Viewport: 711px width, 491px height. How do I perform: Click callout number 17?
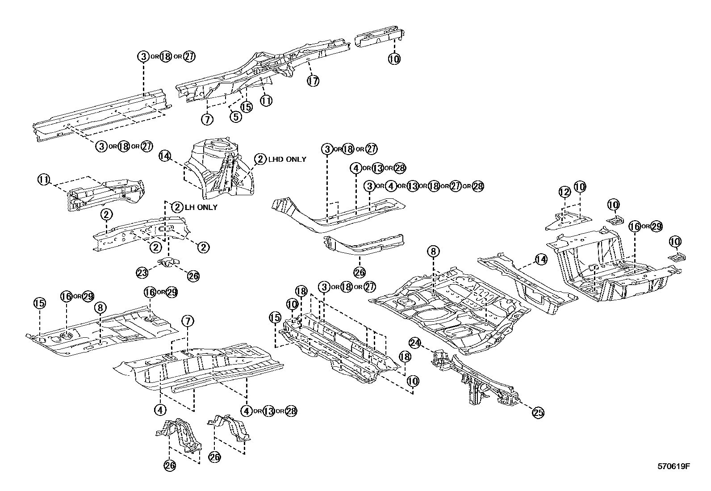point(313,81)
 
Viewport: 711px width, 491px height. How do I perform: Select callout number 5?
point(236,116)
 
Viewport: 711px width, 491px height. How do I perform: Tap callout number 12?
point(565,193)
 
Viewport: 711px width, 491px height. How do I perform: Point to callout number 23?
point(142,272)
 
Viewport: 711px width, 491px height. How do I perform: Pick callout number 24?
point(415,343)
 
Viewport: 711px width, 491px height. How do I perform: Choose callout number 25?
point(538,413)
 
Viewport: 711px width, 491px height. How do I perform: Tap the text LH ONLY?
point(201,207)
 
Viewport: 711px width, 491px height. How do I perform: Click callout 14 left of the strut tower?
point(165,155)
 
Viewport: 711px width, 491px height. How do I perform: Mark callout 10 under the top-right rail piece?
point(394,59)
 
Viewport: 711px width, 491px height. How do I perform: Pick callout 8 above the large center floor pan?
point(433,252)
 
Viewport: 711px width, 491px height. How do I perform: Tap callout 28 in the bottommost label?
point(291,411)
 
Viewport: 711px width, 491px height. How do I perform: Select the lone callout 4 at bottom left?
point(160,409)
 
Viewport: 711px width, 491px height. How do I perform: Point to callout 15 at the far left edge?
point(39,303)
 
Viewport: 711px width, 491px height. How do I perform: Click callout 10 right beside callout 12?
point(580,187)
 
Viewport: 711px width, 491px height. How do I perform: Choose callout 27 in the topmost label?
point(189,56)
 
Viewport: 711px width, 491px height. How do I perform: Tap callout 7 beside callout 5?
point(208,119)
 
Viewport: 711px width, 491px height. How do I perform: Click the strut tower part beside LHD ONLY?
point(219,170)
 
